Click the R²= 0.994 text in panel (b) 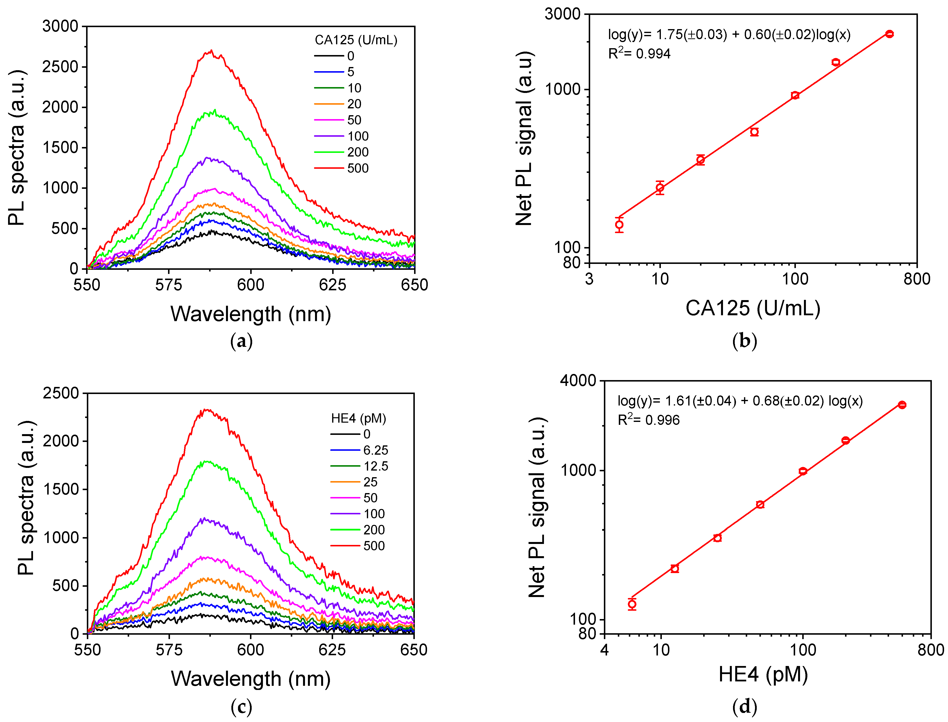(639, 54)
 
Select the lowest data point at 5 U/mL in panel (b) (619, 224)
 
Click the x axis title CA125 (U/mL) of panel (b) (753, 308)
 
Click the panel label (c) (241, 707)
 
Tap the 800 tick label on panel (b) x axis (917, 279)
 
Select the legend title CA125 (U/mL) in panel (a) (356, 40)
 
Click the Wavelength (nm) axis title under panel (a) (250, 314)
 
